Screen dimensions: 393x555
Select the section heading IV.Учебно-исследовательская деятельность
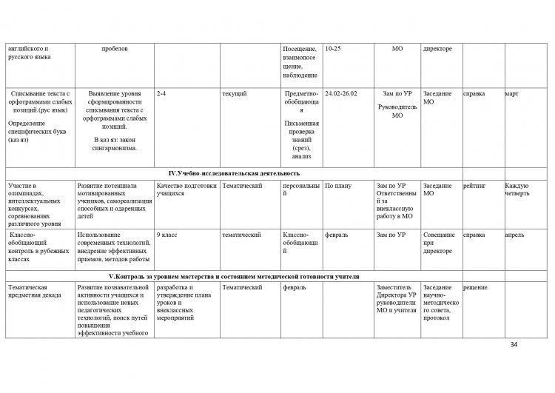[235, 172]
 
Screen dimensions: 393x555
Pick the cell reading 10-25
[333, 49]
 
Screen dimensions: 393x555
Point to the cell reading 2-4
[162, 94]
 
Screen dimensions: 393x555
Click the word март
[511, 94]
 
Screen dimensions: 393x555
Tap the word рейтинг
[474, 186]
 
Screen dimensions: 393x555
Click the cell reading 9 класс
[169, 235]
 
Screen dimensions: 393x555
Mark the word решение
[476, 286]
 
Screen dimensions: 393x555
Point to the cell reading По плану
[338, 186]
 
